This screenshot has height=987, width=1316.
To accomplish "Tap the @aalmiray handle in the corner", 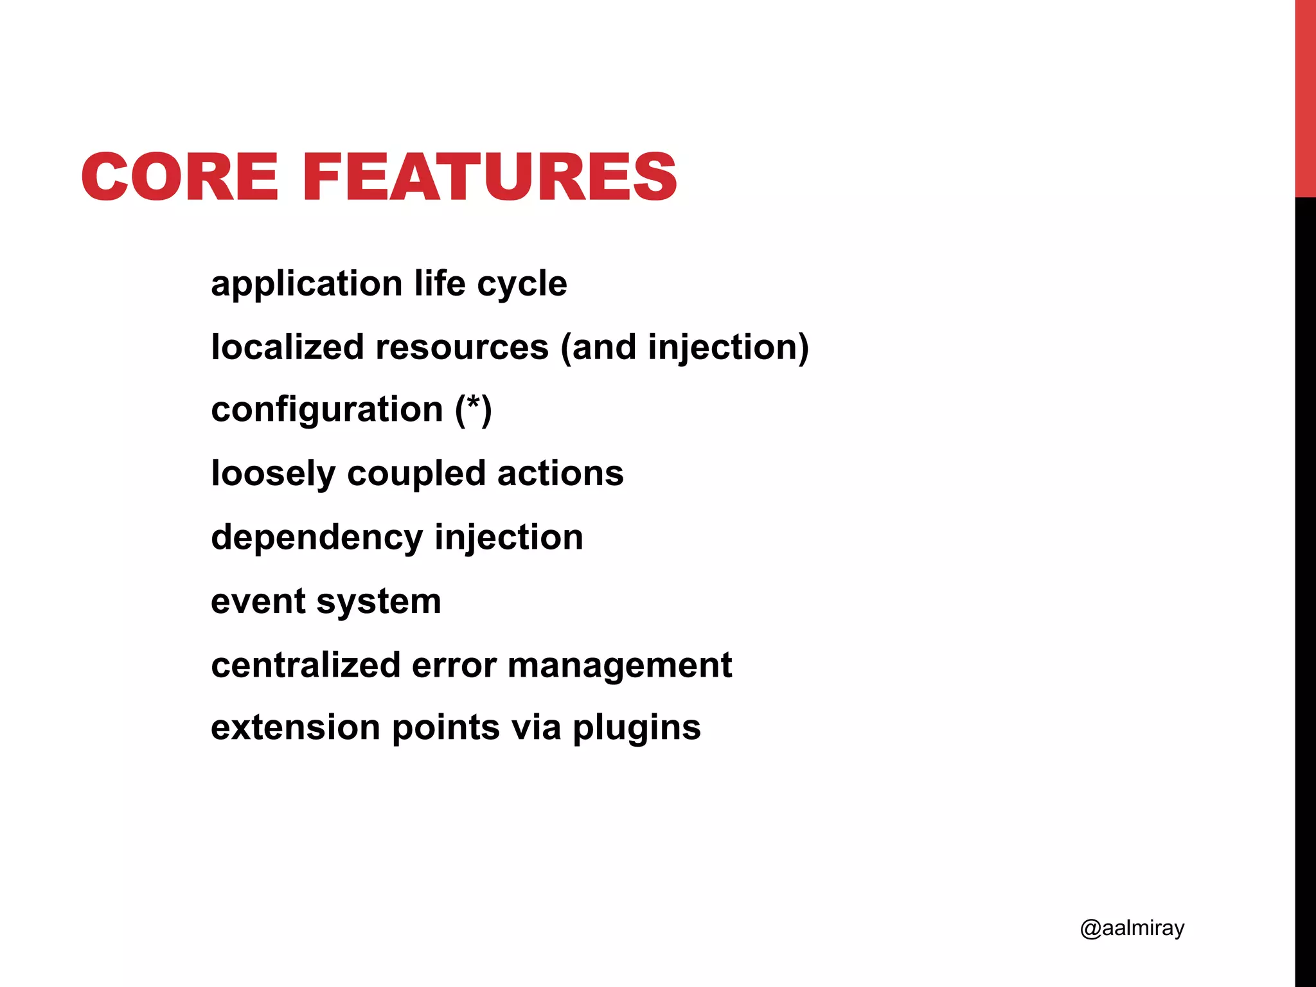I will (x=1132, y=928).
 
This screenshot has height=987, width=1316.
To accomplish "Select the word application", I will (x=307, y=284).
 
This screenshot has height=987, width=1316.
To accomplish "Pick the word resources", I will (x=462, y=347).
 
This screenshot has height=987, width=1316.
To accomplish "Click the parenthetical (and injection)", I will (x=684, y=348).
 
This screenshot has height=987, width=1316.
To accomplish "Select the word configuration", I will (x=327, y=410).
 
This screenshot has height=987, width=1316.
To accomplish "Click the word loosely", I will (x=273, y=474).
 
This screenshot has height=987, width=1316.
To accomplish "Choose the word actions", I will (x=560, y=473).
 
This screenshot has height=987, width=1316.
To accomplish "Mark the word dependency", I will (x=317, y=537).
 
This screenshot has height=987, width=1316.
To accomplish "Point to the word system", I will (x=378, y=602).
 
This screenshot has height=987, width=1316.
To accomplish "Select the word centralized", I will (x=306, y=664).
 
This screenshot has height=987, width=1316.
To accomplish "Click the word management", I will (x=619, y=666).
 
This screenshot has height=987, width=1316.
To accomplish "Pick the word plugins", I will (x=636, y=729).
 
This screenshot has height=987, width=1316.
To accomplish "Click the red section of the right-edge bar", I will (x=1305, y=96).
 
